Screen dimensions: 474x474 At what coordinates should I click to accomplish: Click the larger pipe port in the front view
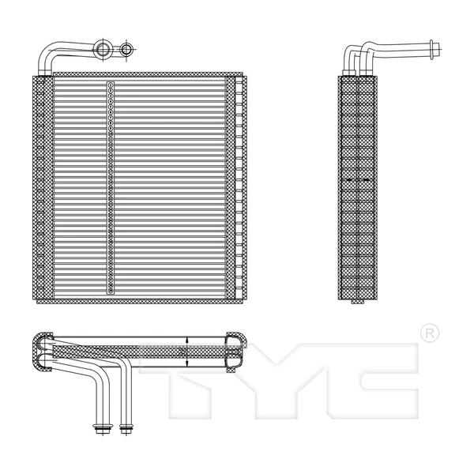tap(103, 51)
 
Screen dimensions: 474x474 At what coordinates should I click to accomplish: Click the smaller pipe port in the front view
tap(126, 51)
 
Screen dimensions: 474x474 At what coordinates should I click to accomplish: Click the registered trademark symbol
tap(428, 333)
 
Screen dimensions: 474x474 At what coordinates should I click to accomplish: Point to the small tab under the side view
tap(358, 301)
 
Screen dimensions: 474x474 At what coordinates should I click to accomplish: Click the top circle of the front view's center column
tap(111, 85)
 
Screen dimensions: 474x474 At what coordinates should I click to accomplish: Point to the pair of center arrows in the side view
tap(358, 181)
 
